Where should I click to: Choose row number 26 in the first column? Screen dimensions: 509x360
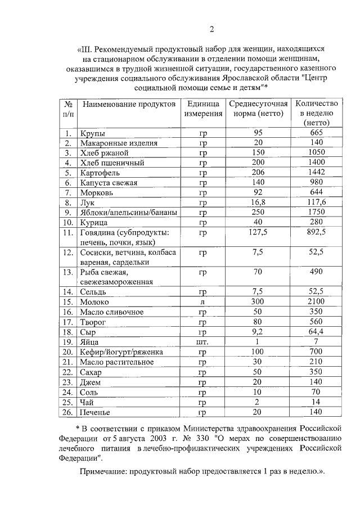67,413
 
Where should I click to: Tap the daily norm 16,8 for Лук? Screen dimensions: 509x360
258,202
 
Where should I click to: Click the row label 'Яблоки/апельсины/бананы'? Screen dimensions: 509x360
129,212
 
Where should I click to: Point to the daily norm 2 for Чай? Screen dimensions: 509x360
258,403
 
